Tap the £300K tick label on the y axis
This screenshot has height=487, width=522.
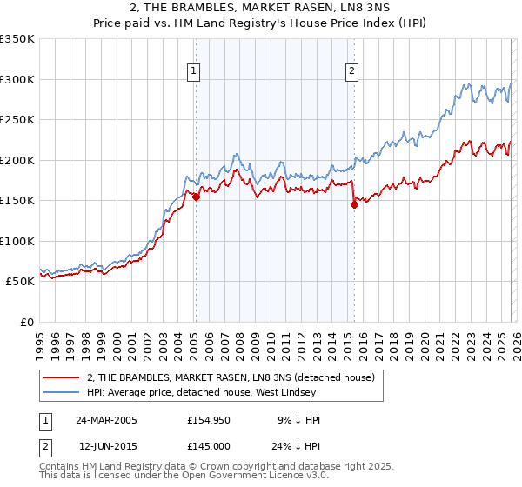click(x=17, y=79)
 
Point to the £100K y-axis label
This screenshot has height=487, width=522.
click(x=17, y=241)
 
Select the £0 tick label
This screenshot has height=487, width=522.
click(x=27, y=322)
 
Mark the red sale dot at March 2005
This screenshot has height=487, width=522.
click(x=196, y=197)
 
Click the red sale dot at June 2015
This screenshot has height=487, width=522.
click(x=354, y=205)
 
